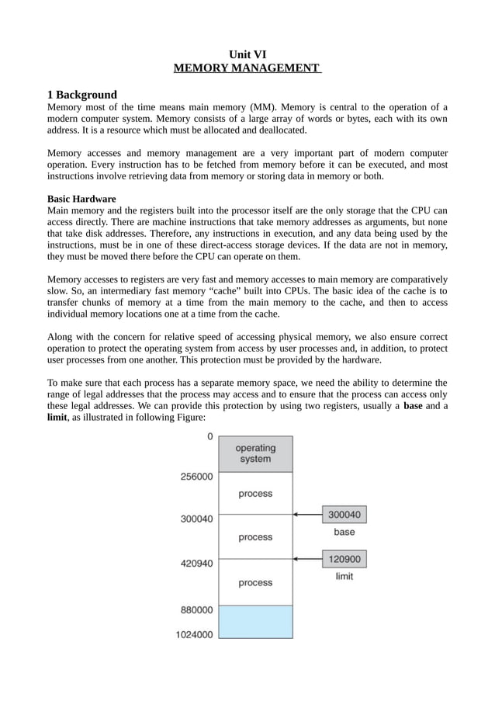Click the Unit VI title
pos(247,54)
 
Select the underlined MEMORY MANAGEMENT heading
pos(247,68)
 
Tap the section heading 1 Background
pos(82,95)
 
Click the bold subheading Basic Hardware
pos(81,199)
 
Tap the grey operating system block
pos(255,453)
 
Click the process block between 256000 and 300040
pos(255,493)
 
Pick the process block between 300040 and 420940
pos(255,536)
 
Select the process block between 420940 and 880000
pos(255,582)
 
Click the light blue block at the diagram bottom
pos(255,622)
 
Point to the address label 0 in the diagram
pos(209,437)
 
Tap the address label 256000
pos(196,477)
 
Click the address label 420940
pos(196,564)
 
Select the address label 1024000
pos(194,634)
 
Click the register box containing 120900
pos(344,559)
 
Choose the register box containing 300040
pos(344,514)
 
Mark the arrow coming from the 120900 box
pos(308,559)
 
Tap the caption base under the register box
pos(344,532)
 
